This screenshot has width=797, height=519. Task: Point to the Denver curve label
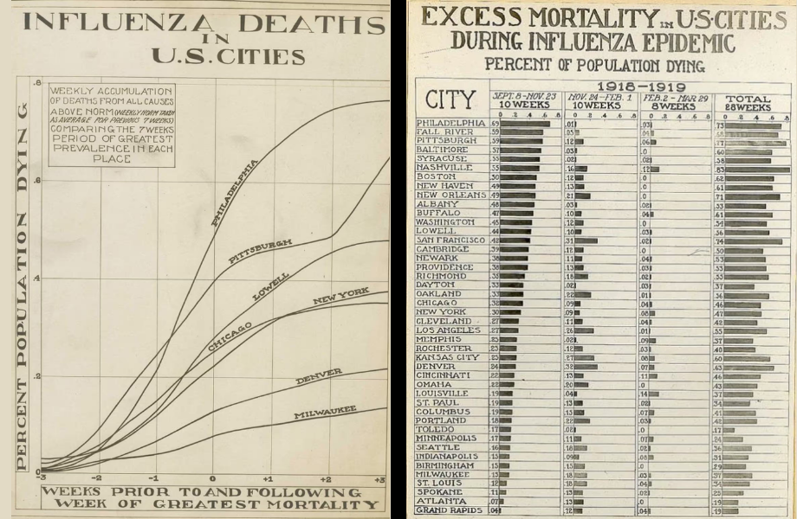click(x=319, y=376)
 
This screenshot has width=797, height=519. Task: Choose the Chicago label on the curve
click(x=230, y=335)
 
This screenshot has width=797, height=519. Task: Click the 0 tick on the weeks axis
click(x=211, y=478)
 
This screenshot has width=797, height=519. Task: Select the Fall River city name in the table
click(x=447, y=132)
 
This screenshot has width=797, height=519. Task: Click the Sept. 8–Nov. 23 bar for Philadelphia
click(x=525, y=124)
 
